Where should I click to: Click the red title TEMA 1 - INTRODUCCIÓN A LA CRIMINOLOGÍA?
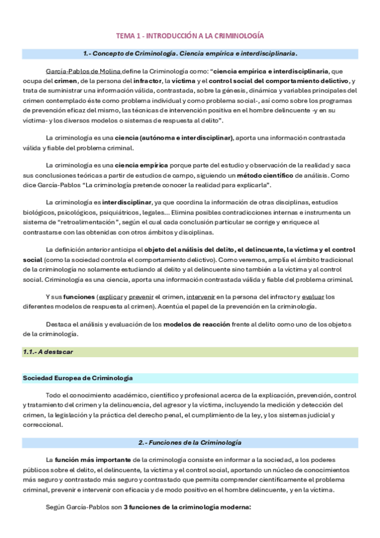(190, 36)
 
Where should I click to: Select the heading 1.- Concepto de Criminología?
(190, 53)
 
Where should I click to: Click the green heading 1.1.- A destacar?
(51, 351)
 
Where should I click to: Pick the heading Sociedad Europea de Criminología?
(78, 378)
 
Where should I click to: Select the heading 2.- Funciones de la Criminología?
(190, 441)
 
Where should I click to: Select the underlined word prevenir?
(142, 297)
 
